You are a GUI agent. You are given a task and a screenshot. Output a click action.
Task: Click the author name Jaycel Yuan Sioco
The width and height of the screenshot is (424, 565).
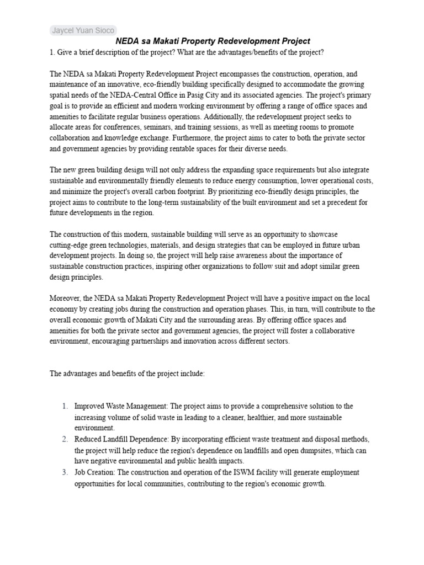pyautogui.click(x=82, y=30)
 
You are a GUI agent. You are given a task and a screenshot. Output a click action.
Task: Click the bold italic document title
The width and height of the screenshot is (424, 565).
pyautogui.click(x=213, y=41)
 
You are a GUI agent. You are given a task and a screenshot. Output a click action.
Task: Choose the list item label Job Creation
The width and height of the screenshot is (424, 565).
pyautogui.click(x=96, y=472)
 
